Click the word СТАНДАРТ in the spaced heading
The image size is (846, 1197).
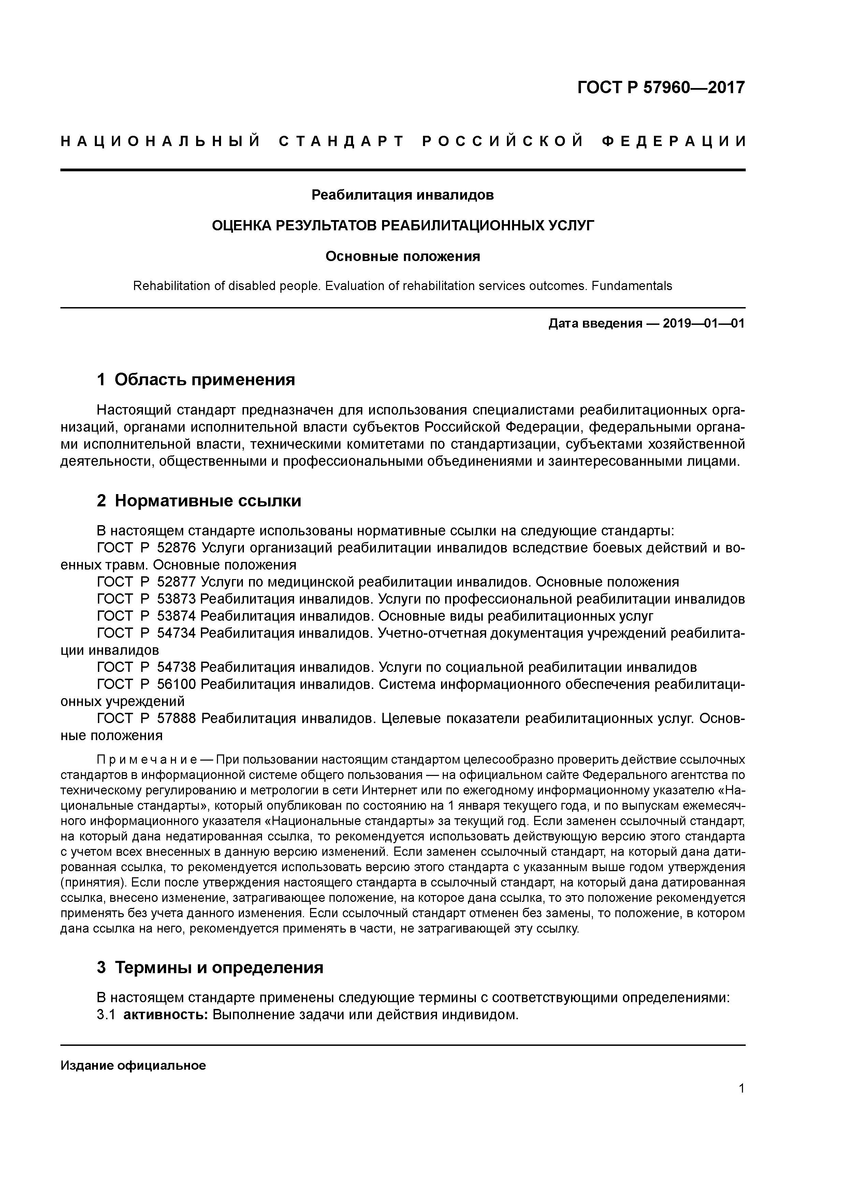point(341,141)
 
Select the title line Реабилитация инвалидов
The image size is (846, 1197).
point(403,195)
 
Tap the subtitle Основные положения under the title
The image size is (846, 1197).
point(403,257)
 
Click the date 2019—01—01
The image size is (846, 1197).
point(703,324)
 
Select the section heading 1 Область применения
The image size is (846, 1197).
point(196,379)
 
